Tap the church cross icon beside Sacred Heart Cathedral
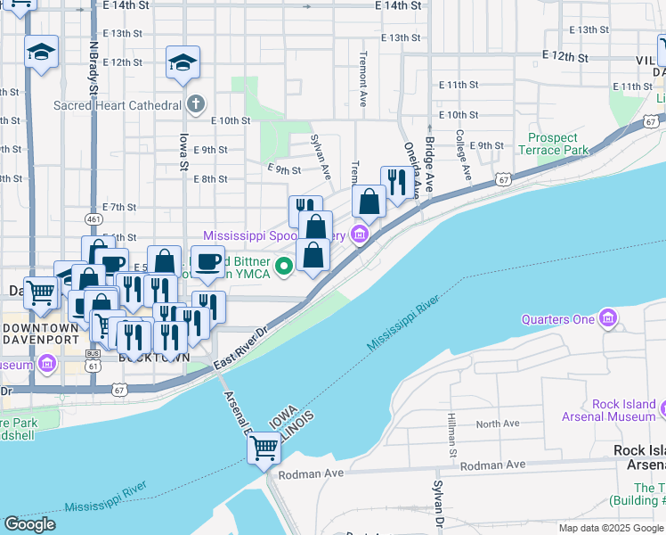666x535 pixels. [196, 103]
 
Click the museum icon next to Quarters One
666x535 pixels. [608, 318]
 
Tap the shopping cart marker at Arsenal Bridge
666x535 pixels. [264, 450]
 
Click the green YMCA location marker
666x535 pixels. [284, 265]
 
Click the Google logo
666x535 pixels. [29, 524]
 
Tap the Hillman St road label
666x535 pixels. [452, 436]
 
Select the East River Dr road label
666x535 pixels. [253, 342]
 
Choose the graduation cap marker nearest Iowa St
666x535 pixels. [183, 62]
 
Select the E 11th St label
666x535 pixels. [459, 85]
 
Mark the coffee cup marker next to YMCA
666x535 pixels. [207, 262]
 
